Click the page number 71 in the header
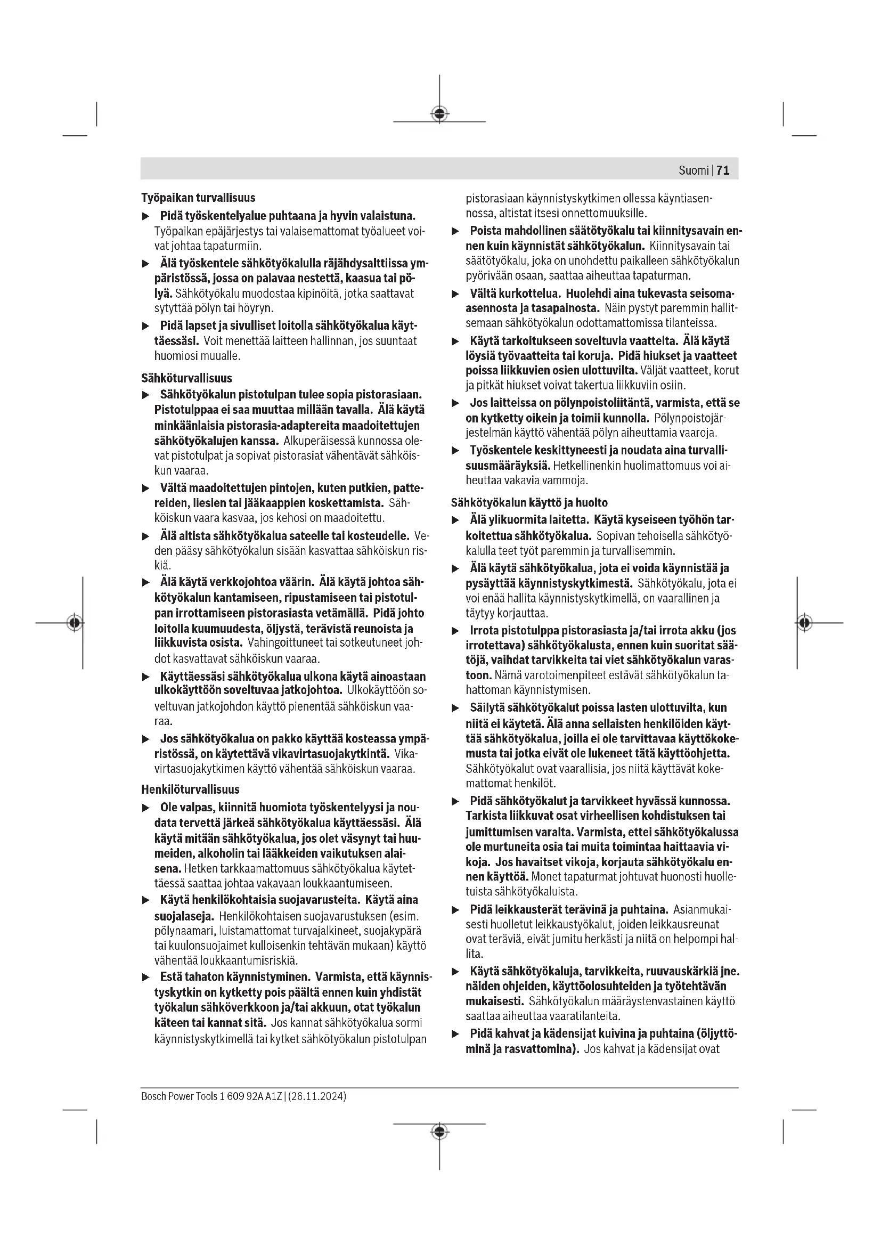pos(723,170)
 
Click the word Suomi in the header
pos(694,170)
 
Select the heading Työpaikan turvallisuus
pos(198,198)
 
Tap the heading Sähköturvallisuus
pos(186,378)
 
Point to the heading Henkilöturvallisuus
pos(190,789)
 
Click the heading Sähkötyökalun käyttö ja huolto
pos(529,502)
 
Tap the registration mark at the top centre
pos(439,114)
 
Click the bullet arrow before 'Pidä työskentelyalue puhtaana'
pos(145,216)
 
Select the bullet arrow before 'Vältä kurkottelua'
pos(456,294)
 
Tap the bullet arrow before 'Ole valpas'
pos(145,808)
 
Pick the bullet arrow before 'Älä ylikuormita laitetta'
pos(456,520)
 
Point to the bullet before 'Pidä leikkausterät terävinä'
pos(456,909)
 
